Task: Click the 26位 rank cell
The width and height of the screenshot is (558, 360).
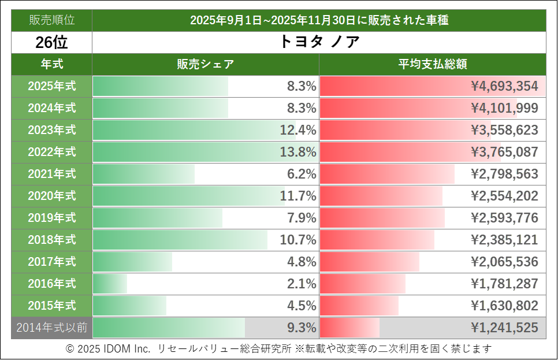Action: coord(51,42)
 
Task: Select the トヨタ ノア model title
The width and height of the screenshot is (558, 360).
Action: coord(319,42)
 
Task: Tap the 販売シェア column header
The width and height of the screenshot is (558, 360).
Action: coord(205,64)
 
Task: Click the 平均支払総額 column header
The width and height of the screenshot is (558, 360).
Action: coord(432,64)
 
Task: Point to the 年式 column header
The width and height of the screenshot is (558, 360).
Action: coord(51,64)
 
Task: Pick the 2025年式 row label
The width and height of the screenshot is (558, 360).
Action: coord(51,86)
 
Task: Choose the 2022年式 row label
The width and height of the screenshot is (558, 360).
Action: coord(51,152)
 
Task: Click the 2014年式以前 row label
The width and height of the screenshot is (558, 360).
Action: coord(51,328)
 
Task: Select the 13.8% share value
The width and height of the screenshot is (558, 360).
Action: coord(298,152)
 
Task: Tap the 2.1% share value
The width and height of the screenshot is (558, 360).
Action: coord(302,284)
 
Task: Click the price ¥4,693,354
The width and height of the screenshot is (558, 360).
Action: coord(504,86)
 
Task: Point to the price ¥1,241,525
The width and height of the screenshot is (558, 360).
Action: coord(504,328)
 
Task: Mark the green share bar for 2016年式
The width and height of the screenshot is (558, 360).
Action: coord(110,284)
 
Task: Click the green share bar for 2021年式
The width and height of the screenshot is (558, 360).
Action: coord(143,174)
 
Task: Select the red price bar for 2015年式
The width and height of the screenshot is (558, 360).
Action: coord(359,306)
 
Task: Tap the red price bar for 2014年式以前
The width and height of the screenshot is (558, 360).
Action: coord(349,328)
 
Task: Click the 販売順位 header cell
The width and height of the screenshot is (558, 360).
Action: coord(51,20)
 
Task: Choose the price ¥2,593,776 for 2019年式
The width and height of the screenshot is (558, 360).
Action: coord(504,218)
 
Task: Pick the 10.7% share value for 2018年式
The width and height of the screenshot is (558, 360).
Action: coord(298,240)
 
